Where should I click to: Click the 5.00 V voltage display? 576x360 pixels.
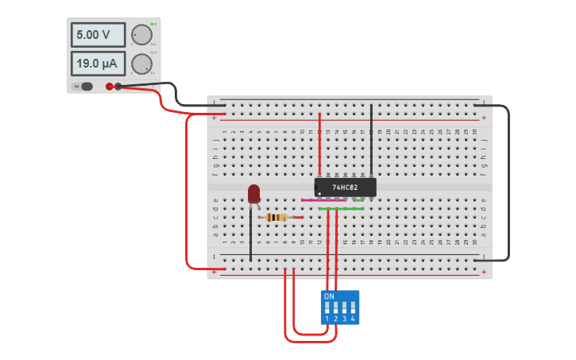point(98,35)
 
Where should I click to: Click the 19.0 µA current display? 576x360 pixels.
point(98,64)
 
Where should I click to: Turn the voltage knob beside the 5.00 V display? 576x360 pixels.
point(141,35)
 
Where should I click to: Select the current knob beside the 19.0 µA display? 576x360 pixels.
point(141,64)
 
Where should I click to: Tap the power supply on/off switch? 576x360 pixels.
point(83,87)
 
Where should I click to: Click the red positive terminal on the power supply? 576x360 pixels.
point(110,87)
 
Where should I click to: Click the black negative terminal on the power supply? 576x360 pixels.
point(118,87)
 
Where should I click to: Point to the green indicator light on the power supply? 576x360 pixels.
point(151,24)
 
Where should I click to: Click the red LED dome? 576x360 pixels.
point(253,193)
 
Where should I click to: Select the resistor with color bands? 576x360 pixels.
point(276,217)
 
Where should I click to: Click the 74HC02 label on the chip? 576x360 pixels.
point(345,188)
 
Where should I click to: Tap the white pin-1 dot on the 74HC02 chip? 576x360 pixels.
point(320,193)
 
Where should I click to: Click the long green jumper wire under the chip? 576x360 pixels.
point(342,209)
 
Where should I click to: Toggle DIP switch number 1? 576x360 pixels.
point(327,307)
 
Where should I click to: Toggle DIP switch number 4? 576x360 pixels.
point(353,307)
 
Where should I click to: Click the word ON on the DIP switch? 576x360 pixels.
point(330,296)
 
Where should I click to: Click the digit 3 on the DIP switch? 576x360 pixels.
point(344,319)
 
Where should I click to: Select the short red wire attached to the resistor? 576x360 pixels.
point(298,217)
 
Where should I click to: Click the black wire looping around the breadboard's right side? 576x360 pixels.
point(508,183)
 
